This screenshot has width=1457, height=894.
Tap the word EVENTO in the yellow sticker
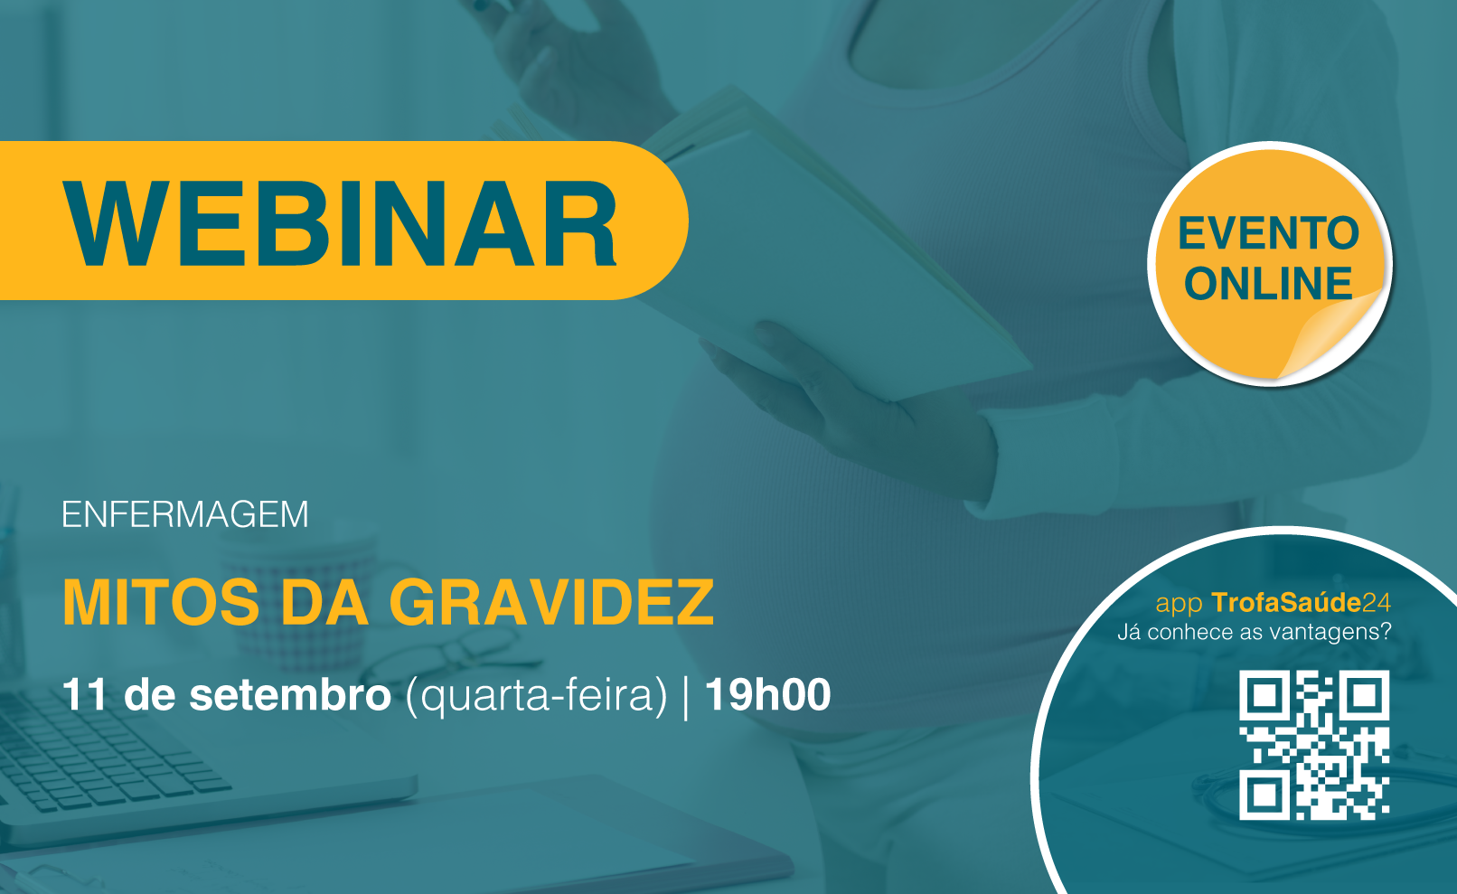1268,233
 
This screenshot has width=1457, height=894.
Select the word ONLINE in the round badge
1268,283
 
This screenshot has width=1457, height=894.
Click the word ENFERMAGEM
184,514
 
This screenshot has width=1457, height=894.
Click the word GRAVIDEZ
551,603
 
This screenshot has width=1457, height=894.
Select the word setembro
290,695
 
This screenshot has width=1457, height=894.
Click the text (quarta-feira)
537,696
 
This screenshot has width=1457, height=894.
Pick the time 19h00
768,695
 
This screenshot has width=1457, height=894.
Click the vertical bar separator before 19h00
686,697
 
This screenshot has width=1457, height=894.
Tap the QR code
1314,745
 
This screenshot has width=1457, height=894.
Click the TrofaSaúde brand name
1286,603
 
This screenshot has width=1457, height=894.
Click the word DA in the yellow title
324,603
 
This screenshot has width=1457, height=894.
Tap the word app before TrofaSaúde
1180,605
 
